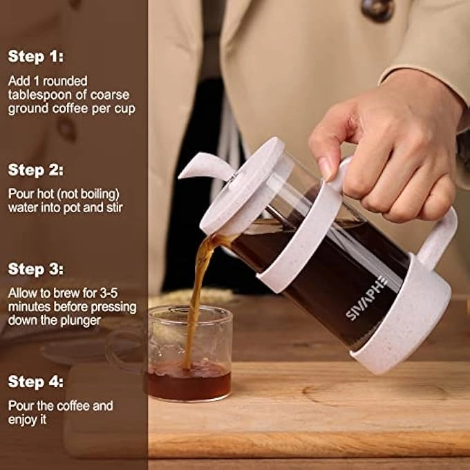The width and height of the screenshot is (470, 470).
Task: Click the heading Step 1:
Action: pos(35,57)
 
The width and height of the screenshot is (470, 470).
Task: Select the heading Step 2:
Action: pos(35,170)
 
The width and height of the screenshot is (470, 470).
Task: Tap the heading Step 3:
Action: pos(35,269)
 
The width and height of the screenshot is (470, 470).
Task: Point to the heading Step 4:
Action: pos(35,382)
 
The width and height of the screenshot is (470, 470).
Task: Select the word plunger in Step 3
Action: pos(82,320)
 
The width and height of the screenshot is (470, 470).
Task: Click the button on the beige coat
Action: pos(378,10)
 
